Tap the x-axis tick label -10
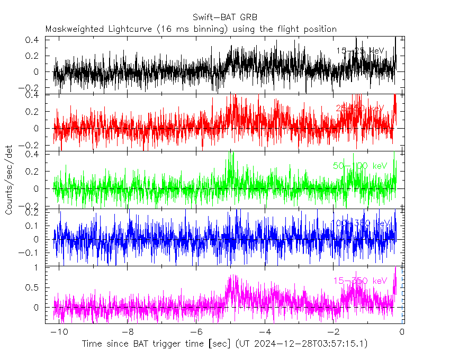pyautogui.click(x=59, y=332)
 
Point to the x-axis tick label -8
pyautogui.click(x=128, y=332)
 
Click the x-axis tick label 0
pyautogui.click(x=402, y=332)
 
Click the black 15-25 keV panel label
pyautogui.click(x=360, y=51)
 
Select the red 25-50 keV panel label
pyautogui.click(x=360, y=109)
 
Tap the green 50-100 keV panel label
pyautogui.click(x=360, y=166)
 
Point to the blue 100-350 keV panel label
pyautogui.click(x=360, y=223)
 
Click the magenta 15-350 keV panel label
pyautogui.click(x=360, y=281)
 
